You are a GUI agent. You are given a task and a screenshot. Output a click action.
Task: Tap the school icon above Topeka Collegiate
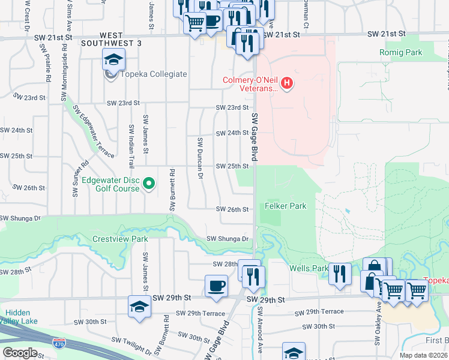click(113, 60)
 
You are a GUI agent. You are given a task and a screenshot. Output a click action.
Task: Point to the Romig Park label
click(401, 53)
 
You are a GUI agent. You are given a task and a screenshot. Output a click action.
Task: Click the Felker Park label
click(286, 206)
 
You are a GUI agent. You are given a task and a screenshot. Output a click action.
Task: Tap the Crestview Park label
click(120, 239)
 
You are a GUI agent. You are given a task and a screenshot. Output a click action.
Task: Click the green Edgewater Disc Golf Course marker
click(149, 184)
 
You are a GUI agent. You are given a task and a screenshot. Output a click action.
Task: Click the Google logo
click(20, 353)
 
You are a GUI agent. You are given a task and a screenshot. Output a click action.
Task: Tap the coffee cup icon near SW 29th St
click(216, 286)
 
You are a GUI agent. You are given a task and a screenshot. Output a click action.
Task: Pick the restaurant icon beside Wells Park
click(340, 274)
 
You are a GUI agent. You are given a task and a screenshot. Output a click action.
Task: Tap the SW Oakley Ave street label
click(378, 324)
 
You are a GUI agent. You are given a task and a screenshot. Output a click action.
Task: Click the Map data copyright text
click(422, 355)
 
